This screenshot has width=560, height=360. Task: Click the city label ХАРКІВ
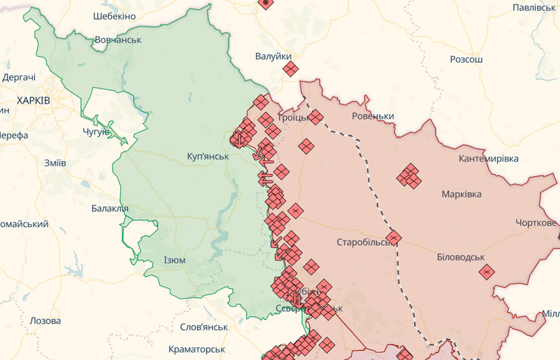point(33,100)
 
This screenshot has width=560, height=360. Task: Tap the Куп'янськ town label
point(207,156)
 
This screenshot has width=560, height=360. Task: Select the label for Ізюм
point(174,260)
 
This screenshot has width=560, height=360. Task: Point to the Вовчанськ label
point(118,39)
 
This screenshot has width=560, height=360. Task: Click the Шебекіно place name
point(114,16)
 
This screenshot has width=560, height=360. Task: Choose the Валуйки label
point(273,56)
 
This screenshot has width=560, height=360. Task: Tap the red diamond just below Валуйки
point(291,70)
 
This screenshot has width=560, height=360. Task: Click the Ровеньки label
point(373,116)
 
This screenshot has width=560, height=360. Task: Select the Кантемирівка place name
point(489,159)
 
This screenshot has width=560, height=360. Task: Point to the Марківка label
point(462,194)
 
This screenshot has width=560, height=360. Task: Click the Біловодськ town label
point(461,257)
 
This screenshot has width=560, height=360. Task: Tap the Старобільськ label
point(364,243)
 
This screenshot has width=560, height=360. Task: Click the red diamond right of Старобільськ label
point(393,237)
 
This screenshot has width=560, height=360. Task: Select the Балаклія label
point(110,208)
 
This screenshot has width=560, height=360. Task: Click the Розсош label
point(466,59)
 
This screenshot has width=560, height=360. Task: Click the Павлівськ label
point(534,7)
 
